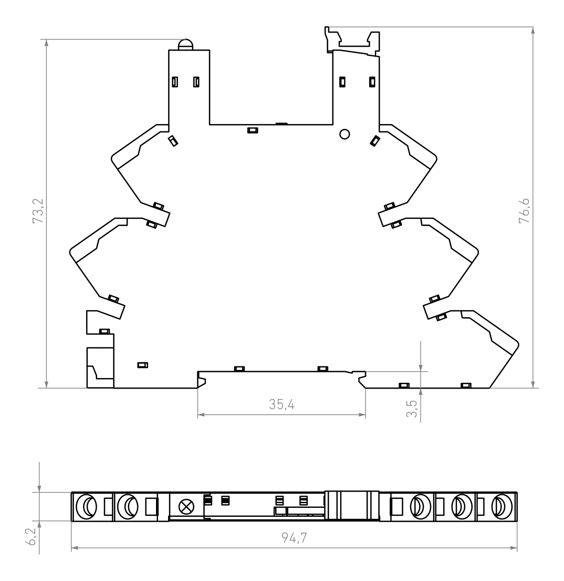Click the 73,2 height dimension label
[x=38, y=211]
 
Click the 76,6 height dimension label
[x=525, y=210]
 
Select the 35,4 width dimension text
[x=281, y=405]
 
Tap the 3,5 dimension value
[x=412, y=409]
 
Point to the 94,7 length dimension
[x=294, y=538]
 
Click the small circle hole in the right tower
[x=344, y=134]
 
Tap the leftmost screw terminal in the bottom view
[x=86, y=506]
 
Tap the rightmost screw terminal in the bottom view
[x=502, y=506]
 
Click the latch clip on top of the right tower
[x=353, y=41]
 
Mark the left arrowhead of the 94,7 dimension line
[x=74, y=548]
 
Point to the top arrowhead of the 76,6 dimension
[x=533, y=30]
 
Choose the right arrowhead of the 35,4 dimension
[x=362, y=415]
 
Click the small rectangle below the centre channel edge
[x=253, y=130]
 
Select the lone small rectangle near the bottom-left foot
[x=142, y=365]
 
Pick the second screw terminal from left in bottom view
[x=128, y=506]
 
